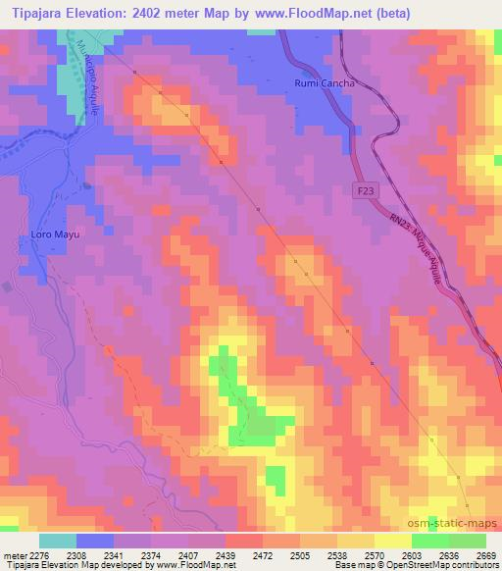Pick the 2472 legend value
(262, 554)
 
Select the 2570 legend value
(374, 554)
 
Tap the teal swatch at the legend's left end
(58, 540)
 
